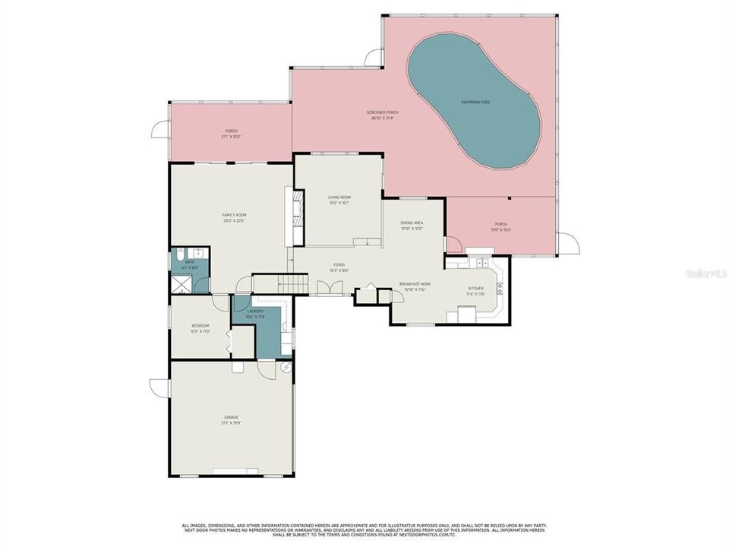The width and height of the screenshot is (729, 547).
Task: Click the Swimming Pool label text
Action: [x=475, y=102]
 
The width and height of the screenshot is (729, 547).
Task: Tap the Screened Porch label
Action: [x=385, y=114]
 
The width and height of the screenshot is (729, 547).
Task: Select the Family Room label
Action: [x=234, y=217]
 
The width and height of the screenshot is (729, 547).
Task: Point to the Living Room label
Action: [x=339, y=200]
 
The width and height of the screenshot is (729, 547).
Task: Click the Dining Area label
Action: [x=412, y=225]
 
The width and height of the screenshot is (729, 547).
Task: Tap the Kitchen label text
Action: [x=475, y=290]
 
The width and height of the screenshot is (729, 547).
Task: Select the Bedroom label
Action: [x=200, y=328]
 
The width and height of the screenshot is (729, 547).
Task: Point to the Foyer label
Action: [x=339, y=267]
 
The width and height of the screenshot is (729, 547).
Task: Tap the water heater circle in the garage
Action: [x=286, y=366]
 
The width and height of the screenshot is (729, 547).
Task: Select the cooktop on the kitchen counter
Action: [x=500, y=287]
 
